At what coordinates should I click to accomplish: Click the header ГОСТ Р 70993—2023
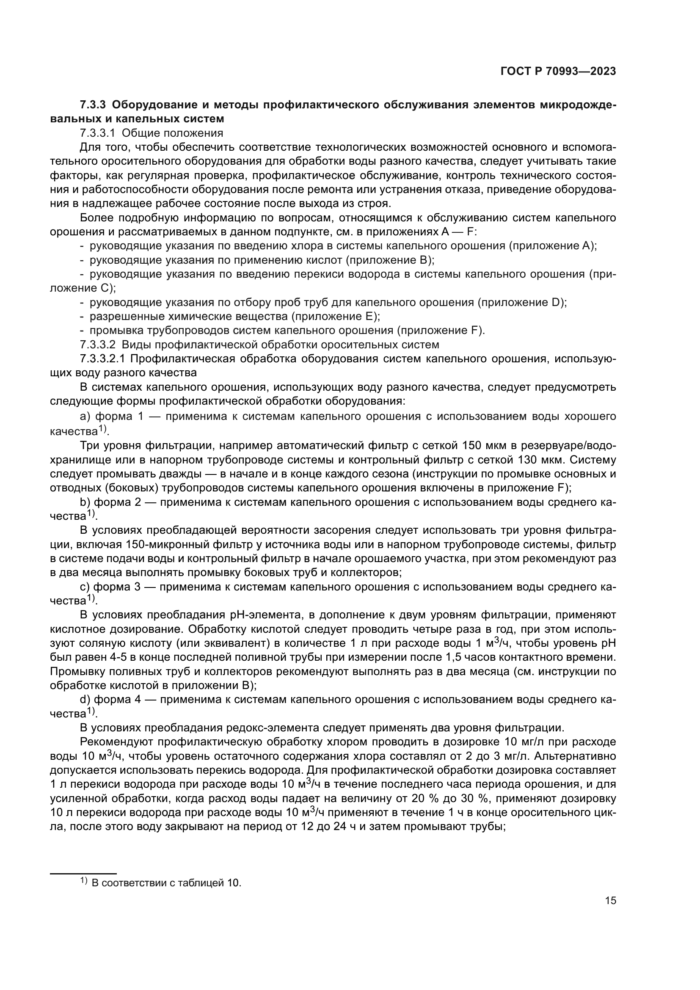click(x=558, y=72)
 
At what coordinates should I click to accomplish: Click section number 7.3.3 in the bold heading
click(x=93, y=105)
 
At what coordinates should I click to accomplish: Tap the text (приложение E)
click(x=335, y=317)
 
